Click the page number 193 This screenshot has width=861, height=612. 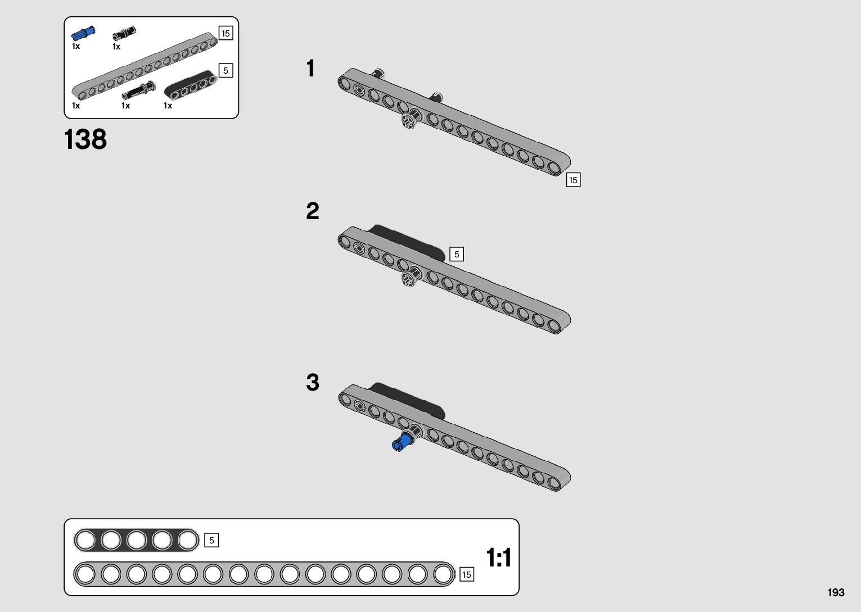click(836, 592)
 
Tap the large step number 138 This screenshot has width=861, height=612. click(85, 139)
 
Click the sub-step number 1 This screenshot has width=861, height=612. click(310, 69)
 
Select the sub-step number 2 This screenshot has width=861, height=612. click(312, 211)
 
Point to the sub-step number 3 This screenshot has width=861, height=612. click(312, 383)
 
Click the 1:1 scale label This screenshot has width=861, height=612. click(498, 558)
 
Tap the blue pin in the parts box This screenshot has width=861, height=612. click(83, 34)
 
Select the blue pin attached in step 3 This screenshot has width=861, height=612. click(401, 442)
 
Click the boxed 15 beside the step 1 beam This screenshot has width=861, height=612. click(573, 180)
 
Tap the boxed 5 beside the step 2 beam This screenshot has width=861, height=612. click(457, 255)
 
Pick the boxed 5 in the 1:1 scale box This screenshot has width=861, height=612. click(211, 541)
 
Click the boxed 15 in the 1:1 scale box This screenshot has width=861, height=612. click(466, 575)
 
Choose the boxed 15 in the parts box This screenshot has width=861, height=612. click(226, 34)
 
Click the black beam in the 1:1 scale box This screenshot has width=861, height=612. click(137, 541)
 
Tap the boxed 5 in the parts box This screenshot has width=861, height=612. click(226, 71)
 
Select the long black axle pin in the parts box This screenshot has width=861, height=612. click(138, 91)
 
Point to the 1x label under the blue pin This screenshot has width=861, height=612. click(76, 47)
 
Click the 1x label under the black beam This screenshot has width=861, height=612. click(168, 106)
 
